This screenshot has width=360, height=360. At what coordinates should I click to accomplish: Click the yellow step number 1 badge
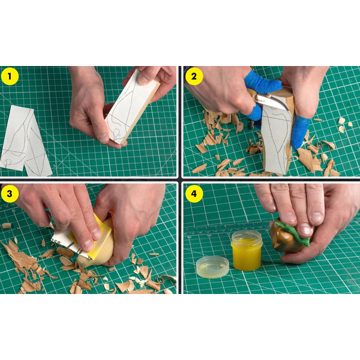(x=10, y=76)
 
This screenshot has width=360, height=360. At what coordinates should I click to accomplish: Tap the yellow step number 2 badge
(x=194, y=76)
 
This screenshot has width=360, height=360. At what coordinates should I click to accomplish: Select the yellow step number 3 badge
(x=10, y=194)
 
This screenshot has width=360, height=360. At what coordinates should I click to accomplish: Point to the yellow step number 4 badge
(x=194, y=194)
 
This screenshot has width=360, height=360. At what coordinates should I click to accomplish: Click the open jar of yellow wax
(x=247, y=251)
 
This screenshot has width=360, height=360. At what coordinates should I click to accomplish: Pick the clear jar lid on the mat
(x=213, y=266)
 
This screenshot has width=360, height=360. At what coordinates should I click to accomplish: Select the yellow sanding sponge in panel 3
(x=91, y=236)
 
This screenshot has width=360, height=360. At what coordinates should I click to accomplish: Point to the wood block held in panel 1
(x=133, y=107)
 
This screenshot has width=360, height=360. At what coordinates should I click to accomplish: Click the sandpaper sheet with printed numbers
(x=69, y=244)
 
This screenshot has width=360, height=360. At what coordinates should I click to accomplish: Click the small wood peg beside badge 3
(x=7, y=226)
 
